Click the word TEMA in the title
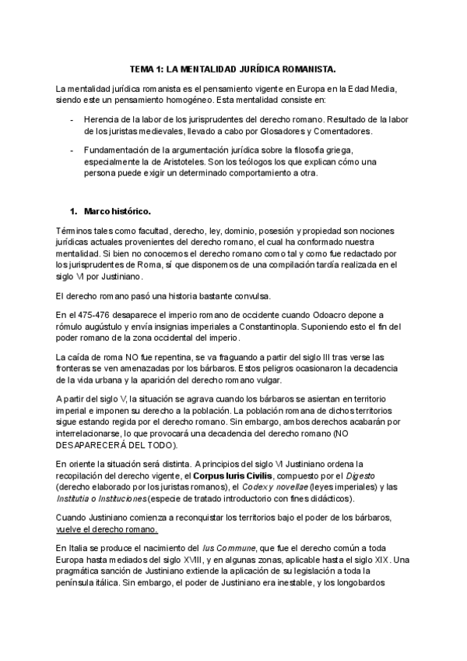click(x=141, y=69)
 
